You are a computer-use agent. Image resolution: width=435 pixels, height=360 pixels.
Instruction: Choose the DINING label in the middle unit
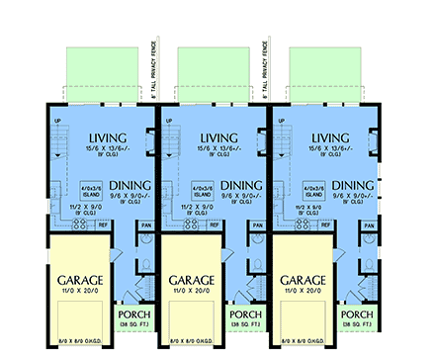[x=243, y=184]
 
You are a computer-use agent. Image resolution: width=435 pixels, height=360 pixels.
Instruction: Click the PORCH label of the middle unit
[x=245, y=313]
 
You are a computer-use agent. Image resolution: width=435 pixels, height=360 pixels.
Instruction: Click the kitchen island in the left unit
[x=89, y=190]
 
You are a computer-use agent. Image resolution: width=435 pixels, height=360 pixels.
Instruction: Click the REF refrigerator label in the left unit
[x=103, y=225]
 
